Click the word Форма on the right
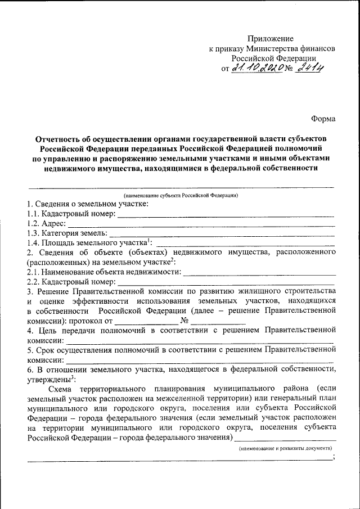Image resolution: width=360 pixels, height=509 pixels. pyautogui.click(x=323, y=119)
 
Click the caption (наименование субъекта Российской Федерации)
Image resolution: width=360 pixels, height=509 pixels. pyautogui.click(x=181, y=195)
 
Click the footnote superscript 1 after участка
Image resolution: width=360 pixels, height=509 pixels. pyautogui.click(x=148, y=240)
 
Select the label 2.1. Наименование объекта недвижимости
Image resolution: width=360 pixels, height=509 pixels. pyautogui.click(x=104, y=272)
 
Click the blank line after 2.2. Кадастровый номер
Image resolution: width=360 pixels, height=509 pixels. pyautogui.click(x=225, y=283)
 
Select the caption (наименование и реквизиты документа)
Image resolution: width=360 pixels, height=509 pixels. pyautogui.click(x=285, y=448)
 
